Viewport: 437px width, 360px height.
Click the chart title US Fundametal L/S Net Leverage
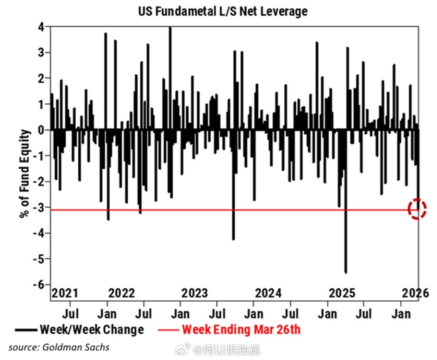(223, 11)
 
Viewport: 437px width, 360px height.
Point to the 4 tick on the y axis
(41, 27)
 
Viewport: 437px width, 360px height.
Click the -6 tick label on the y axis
(39, 284)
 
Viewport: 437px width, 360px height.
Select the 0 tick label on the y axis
(41, 130)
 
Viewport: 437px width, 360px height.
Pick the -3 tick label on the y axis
(39, 207)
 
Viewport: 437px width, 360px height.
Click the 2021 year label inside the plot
(65, 293)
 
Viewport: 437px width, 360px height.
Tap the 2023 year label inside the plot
(194, 293)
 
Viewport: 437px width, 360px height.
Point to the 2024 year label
(268, 293)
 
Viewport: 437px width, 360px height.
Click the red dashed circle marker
(417, 209)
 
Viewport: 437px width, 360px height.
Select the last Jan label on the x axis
(401, 314)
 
